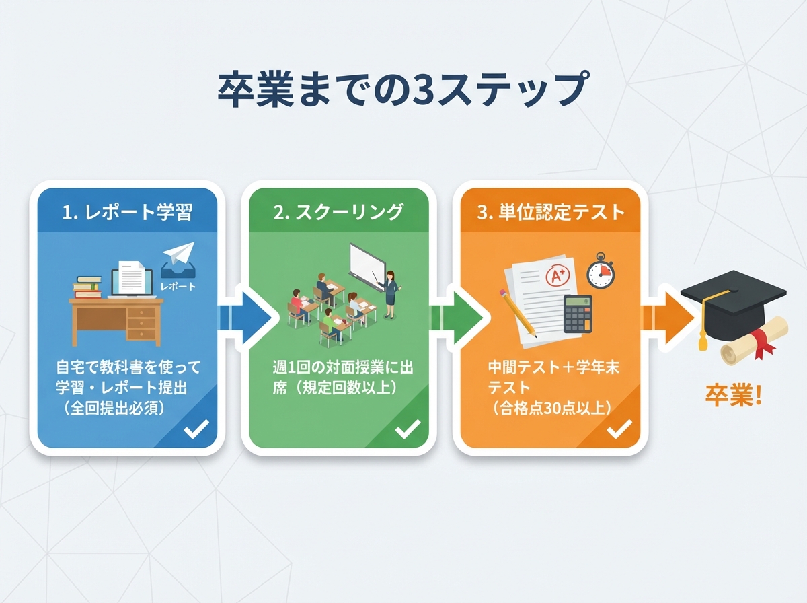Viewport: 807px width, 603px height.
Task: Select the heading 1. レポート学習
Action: pos(127,213)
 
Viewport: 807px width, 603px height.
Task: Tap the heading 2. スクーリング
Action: pos(339,213)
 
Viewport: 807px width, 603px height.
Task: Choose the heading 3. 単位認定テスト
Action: pos(551,213)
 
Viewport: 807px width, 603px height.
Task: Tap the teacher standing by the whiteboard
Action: pos(389,293)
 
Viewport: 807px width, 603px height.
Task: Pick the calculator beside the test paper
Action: pos(578,313)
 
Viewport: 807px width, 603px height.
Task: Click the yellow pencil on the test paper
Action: pos(517,312)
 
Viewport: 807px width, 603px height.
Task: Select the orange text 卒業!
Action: pos(734,395)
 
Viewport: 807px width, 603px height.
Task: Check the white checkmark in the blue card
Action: pos(196,428)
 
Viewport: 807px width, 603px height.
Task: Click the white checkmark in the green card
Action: pos(408,428)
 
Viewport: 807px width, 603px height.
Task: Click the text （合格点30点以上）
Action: pos(551,407)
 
